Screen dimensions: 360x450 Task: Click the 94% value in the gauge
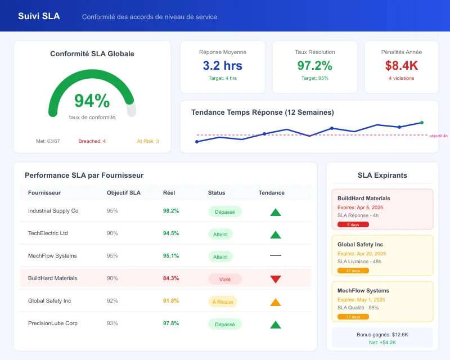click(x=92, y=101)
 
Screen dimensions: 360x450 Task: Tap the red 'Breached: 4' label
click(x=92, y=141)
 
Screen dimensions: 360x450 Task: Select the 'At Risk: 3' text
click(x=148, y=141)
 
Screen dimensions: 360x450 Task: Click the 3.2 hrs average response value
click(x=222, y=65)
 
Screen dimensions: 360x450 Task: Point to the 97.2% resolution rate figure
click(x=314, y=65)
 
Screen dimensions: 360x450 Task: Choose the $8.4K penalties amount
click(x=401, y=65)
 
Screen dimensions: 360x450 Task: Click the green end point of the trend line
click(x=421, y=122)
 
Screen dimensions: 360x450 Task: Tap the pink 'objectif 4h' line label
click(x=438, y=136)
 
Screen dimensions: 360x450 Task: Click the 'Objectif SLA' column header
click(x=124, y=193)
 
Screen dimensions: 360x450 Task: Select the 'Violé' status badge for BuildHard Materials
click(x=224, y=279)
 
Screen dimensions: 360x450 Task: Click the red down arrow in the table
click(x=275, y=279)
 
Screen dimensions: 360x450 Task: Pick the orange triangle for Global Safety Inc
click(x=275, y=302)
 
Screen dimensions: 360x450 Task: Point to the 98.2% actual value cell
click(x=171, y=211)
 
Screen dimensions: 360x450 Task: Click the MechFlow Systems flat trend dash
click(x=275, y=256)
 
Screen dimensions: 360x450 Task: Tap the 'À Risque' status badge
click(x=222, y=302)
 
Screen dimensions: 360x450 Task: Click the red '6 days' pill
click(x=353, y=224)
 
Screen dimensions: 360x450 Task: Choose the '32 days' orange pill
click(x=353, y=317)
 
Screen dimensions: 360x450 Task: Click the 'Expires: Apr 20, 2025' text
click(x=361, y=254)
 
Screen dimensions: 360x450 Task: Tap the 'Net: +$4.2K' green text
click(x=382, y=342)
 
